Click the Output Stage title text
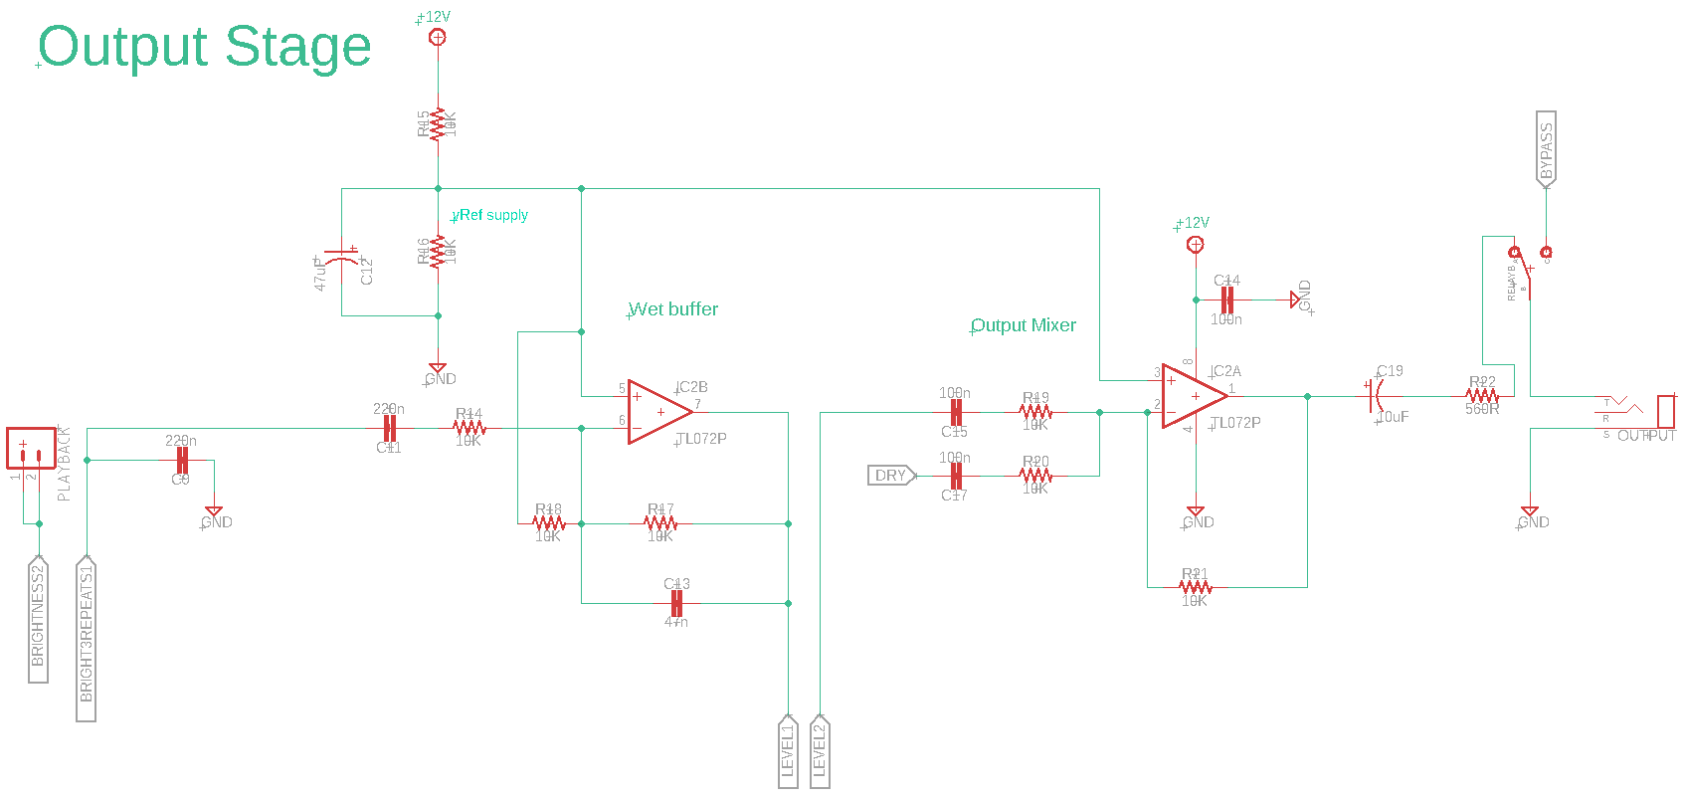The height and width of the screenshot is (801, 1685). click(x=204, y=47)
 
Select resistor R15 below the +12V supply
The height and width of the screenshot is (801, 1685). click(x=438, y=124)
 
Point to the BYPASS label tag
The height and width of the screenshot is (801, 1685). click(x=1546, y=148)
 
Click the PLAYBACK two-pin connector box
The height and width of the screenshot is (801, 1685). click(x=31, y=448)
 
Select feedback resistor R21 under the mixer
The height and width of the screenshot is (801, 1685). click(x=1195, y=587)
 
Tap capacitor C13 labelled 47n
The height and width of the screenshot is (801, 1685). click(x=676, y=603)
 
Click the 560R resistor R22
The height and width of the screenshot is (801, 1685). click(x=1482, y=396)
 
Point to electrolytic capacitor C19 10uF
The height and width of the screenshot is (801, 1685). click(x=1375, y=396)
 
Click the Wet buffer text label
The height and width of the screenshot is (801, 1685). click(x=672, y=309)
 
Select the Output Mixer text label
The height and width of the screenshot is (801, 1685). click(x=1023, y=325)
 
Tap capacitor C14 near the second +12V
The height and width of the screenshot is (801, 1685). click(x=1226, y=300)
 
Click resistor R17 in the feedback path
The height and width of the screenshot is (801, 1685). click(x=660, y=523)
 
